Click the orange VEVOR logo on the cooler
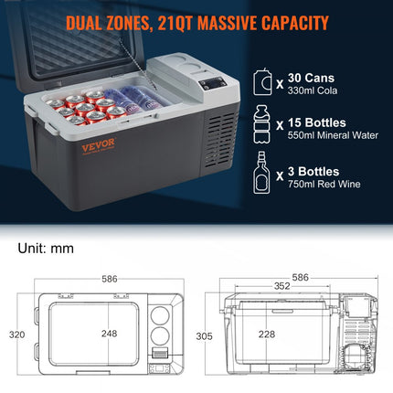click(x=99, y=144)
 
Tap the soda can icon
click(x=262, y=81)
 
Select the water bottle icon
click(x=262, y=124)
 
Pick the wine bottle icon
click(x=261, y=173)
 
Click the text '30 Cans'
click(x=311, y=78)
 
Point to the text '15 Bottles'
click(x=317, y=122)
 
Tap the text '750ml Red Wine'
click(x=324, y=184)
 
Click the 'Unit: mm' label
click(x=46, y=249)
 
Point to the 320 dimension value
click(x=16, y=335)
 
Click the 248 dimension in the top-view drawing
click(x=109, y=334)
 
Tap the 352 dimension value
click(x=282, y=286)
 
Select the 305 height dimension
click(x=204, y=336)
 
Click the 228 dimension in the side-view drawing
click(x=267, y=335)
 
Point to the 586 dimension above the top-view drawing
click(x=110, y=279)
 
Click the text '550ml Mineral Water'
click(x=333, y=135)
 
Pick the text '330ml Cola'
click(x=313, y=90)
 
